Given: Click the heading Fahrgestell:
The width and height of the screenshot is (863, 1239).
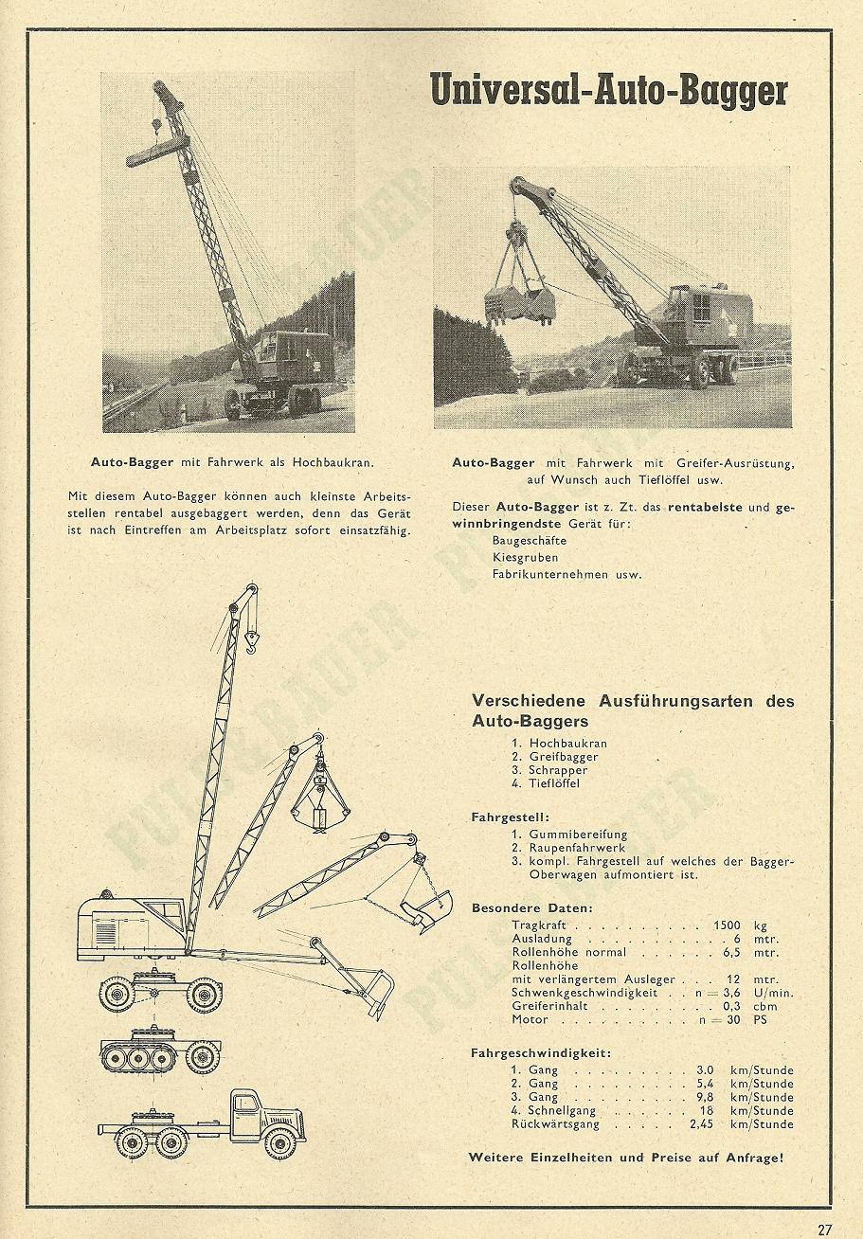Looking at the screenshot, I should pyautogui.click(x=510, y=816).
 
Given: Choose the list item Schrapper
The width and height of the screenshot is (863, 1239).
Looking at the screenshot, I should pyautogui.click(x=558, y=770).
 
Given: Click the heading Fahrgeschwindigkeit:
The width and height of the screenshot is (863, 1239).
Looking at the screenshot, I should pyautogui.click(x=540, y=1052).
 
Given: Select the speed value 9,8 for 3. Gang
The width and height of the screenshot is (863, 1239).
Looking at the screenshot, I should pyautogui.click(x=706, y=1097).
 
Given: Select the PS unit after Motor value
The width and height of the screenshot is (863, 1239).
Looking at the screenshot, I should pyautogui.click(x=760, y=1019).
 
